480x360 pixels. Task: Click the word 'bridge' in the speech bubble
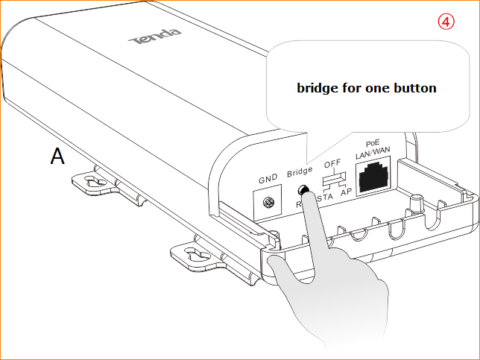point(318,88)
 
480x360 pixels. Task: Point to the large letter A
point(57,156)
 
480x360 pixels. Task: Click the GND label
point(268,180)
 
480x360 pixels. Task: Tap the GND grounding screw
point(269,201)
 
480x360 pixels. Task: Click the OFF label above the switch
point(332,164)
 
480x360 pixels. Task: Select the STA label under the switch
point(324,198)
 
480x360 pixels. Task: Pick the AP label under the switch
point(346,193)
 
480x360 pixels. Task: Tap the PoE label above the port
point(373,142)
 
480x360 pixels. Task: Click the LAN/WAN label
point(373,153)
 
